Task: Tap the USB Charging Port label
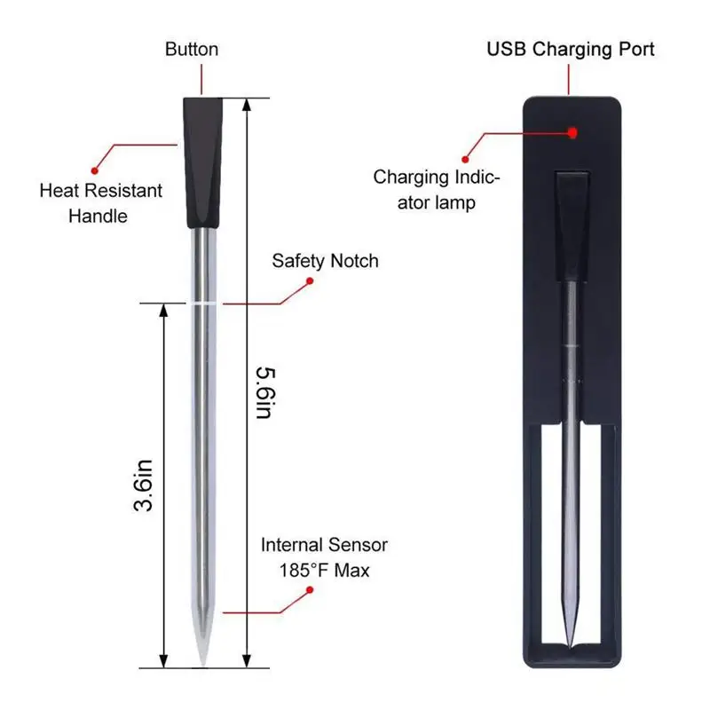(x=571, y=48)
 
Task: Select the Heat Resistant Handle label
(x=102, y=202)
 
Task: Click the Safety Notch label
(x=325, y=260)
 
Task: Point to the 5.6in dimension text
(x=260, y=391)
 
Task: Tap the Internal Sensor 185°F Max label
(x=323, y=557)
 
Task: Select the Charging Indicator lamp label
(x=436, y=189)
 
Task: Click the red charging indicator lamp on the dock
(x=572, y=132)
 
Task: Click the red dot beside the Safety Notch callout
(x=310, y=281)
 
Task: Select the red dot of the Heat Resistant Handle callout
(x=96, y=166)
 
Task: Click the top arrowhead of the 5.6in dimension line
(x=248, y=102)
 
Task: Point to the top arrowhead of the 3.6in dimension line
(x=162, y=309)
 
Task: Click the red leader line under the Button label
(x=201, y=80)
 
